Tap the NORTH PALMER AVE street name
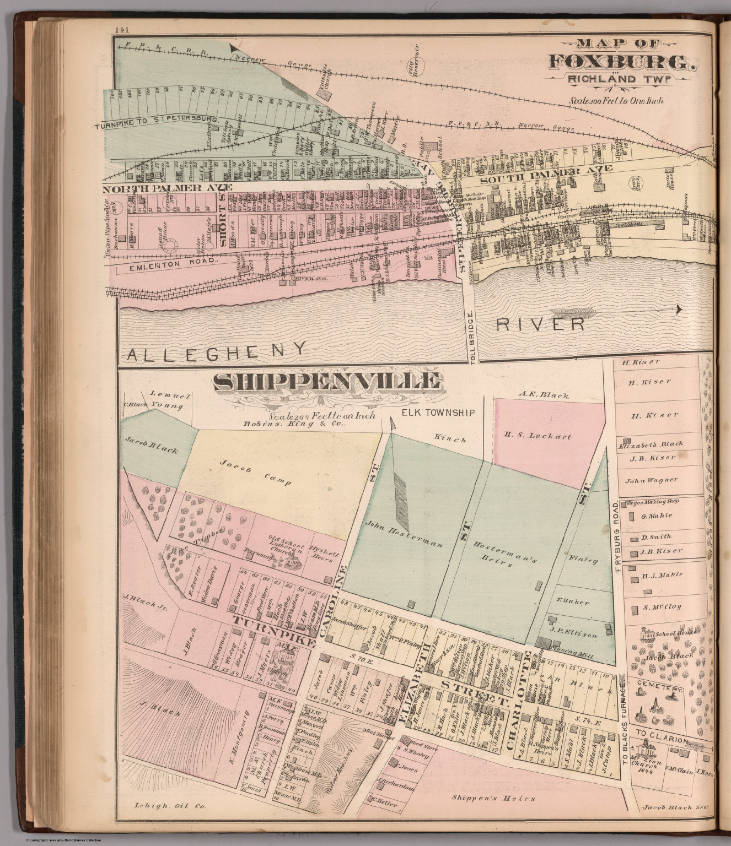[x=167, y=188]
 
